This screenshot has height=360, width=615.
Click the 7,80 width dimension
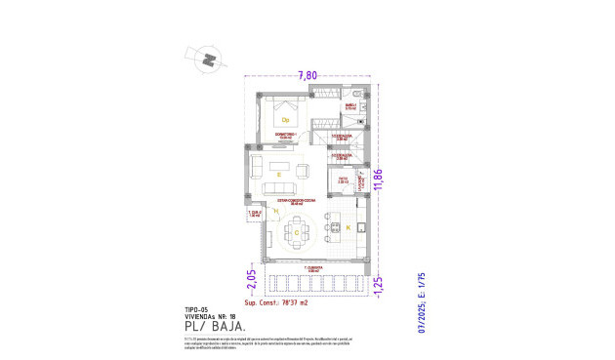307,74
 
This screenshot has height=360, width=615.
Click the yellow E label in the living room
279,175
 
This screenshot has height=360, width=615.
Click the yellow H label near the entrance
276,237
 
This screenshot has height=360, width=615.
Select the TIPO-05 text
198,308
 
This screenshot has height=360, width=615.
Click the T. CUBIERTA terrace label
312,266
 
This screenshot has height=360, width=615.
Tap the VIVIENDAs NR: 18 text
210,316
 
